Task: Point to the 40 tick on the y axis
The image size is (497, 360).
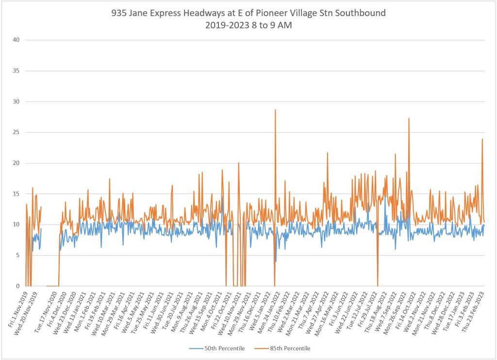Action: pos(16,40)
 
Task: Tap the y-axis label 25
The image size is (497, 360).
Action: pos(16,132)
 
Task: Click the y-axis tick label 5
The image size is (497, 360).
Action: pos(17,255)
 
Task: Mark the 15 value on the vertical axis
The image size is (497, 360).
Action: pos(16,194)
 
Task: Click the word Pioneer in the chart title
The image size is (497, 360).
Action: pos(277,13)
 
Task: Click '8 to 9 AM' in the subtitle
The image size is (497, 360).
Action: pos(269,25)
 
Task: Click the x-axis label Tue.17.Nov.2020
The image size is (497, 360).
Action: pos(49,311)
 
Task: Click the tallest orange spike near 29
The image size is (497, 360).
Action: pos(275,110)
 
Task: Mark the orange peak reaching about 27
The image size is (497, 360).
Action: pos(409,118)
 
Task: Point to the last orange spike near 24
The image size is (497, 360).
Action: pos(482,139)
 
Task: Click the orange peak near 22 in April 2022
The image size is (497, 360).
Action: pos(327,153)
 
